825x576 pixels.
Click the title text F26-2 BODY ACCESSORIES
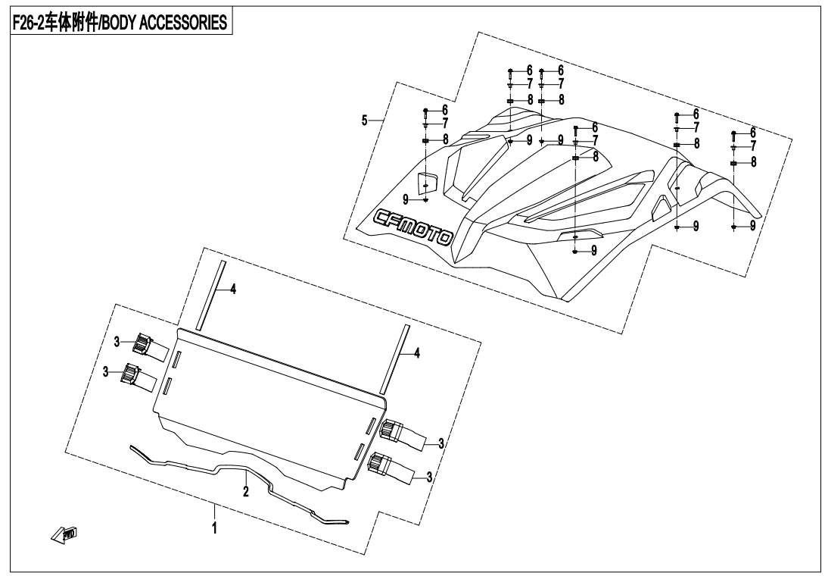point(120,23)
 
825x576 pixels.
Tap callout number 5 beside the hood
point(365,121)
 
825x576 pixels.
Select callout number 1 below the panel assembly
point(214,526)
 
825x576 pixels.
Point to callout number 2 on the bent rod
point(245,491)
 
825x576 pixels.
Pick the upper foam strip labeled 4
point(210,296)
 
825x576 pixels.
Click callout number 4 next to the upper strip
point(233,290)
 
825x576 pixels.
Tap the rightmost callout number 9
point(752,226)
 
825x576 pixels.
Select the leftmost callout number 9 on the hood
point(406,199)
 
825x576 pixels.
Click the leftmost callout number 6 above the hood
point(445,110)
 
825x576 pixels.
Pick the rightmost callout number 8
point(752,162)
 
